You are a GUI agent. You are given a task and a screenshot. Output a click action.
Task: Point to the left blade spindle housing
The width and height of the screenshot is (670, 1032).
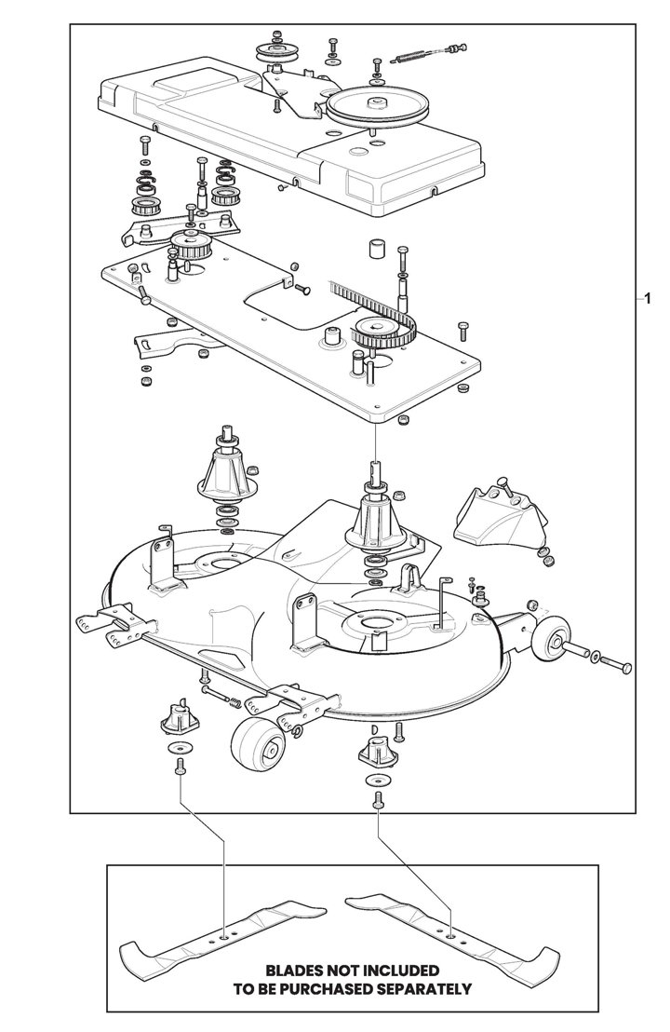pyautogui.click(x=228, y=475)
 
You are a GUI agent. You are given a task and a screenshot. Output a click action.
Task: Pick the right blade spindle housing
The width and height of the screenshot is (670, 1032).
pyautogui.click(x=379, y=522)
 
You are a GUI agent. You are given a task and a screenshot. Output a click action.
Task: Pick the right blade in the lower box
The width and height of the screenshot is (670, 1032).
pyautogui.click(x=451, y=931)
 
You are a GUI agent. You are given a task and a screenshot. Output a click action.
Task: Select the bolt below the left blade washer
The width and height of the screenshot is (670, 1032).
pyautogui.click(x=177, y=768)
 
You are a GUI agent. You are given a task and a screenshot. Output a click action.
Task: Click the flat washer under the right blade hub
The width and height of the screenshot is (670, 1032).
pyautogui.click(x=378, y=779)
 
